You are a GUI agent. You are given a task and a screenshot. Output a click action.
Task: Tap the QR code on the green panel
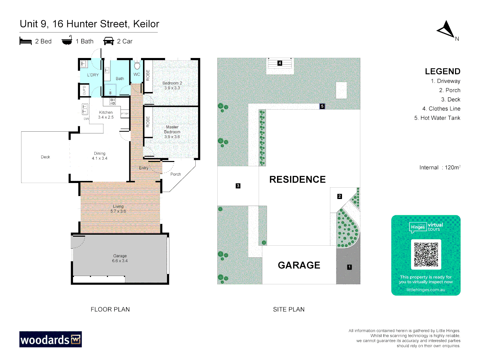pyautogui.click(x=426, y=254)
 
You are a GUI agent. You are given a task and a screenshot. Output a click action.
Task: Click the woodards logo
pyautogui.click(x=51, y=339)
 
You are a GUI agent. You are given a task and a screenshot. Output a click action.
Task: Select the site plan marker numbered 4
pyautogui.click(x=280, y=63)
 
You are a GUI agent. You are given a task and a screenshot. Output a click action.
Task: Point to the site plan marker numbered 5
pyautogui.click(x=322, y=106)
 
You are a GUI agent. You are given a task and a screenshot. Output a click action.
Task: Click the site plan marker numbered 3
pyautogui.click(x=238, y=186)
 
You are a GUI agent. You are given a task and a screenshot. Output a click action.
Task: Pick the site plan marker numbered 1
pyautogui.click(x=349, y=267)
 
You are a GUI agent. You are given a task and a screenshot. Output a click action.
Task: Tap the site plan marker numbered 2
pyautogui.click(x=340, y=196)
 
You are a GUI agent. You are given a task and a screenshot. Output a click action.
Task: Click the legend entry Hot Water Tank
pyautogui.click(x=437, y=118)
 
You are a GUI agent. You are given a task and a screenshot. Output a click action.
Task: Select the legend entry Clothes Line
pyautogui.click(x=441, y=109)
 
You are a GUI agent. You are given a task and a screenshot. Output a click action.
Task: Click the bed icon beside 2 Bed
pyautogui.click(x=26, y=41)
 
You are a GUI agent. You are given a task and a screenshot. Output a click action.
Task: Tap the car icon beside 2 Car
pyautogui.click(x=109, y=41)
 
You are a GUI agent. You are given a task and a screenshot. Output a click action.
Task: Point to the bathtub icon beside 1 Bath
pyautogui.click(x=67, y=41)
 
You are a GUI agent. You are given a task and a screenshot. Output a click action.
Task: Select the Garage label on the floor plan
pyautogui.click(x=120, y=256)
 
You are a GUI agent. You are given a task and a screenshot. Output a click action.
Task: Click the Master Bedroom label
pyautogui.click(x=172, y=130)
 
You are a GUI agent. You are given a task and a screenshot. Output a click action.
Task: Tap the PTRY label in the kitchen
pyautogui.click(x=125, y=114)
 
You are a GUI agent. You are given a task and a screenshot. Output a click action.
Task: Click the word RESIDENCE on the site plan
pyautogui.click(x=297, y=179)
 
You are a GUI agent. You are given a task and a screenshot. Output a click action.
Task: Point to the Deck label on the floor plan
pyautogui.click(x=45, y=157)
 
